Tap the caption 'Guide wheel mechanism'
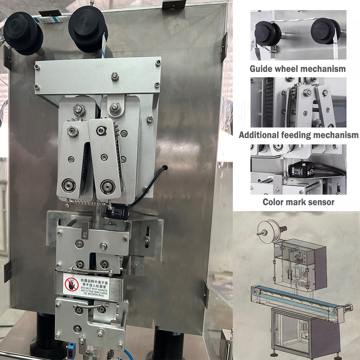click(x=298, y=69)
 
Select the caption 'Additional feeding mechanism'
click(x=298, y=135)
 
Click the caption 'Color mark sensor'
click(x=298, y=202)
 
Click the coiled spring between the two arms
click(x=87, y=204)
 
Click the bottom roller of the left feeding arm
click(x=69, y=185)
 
